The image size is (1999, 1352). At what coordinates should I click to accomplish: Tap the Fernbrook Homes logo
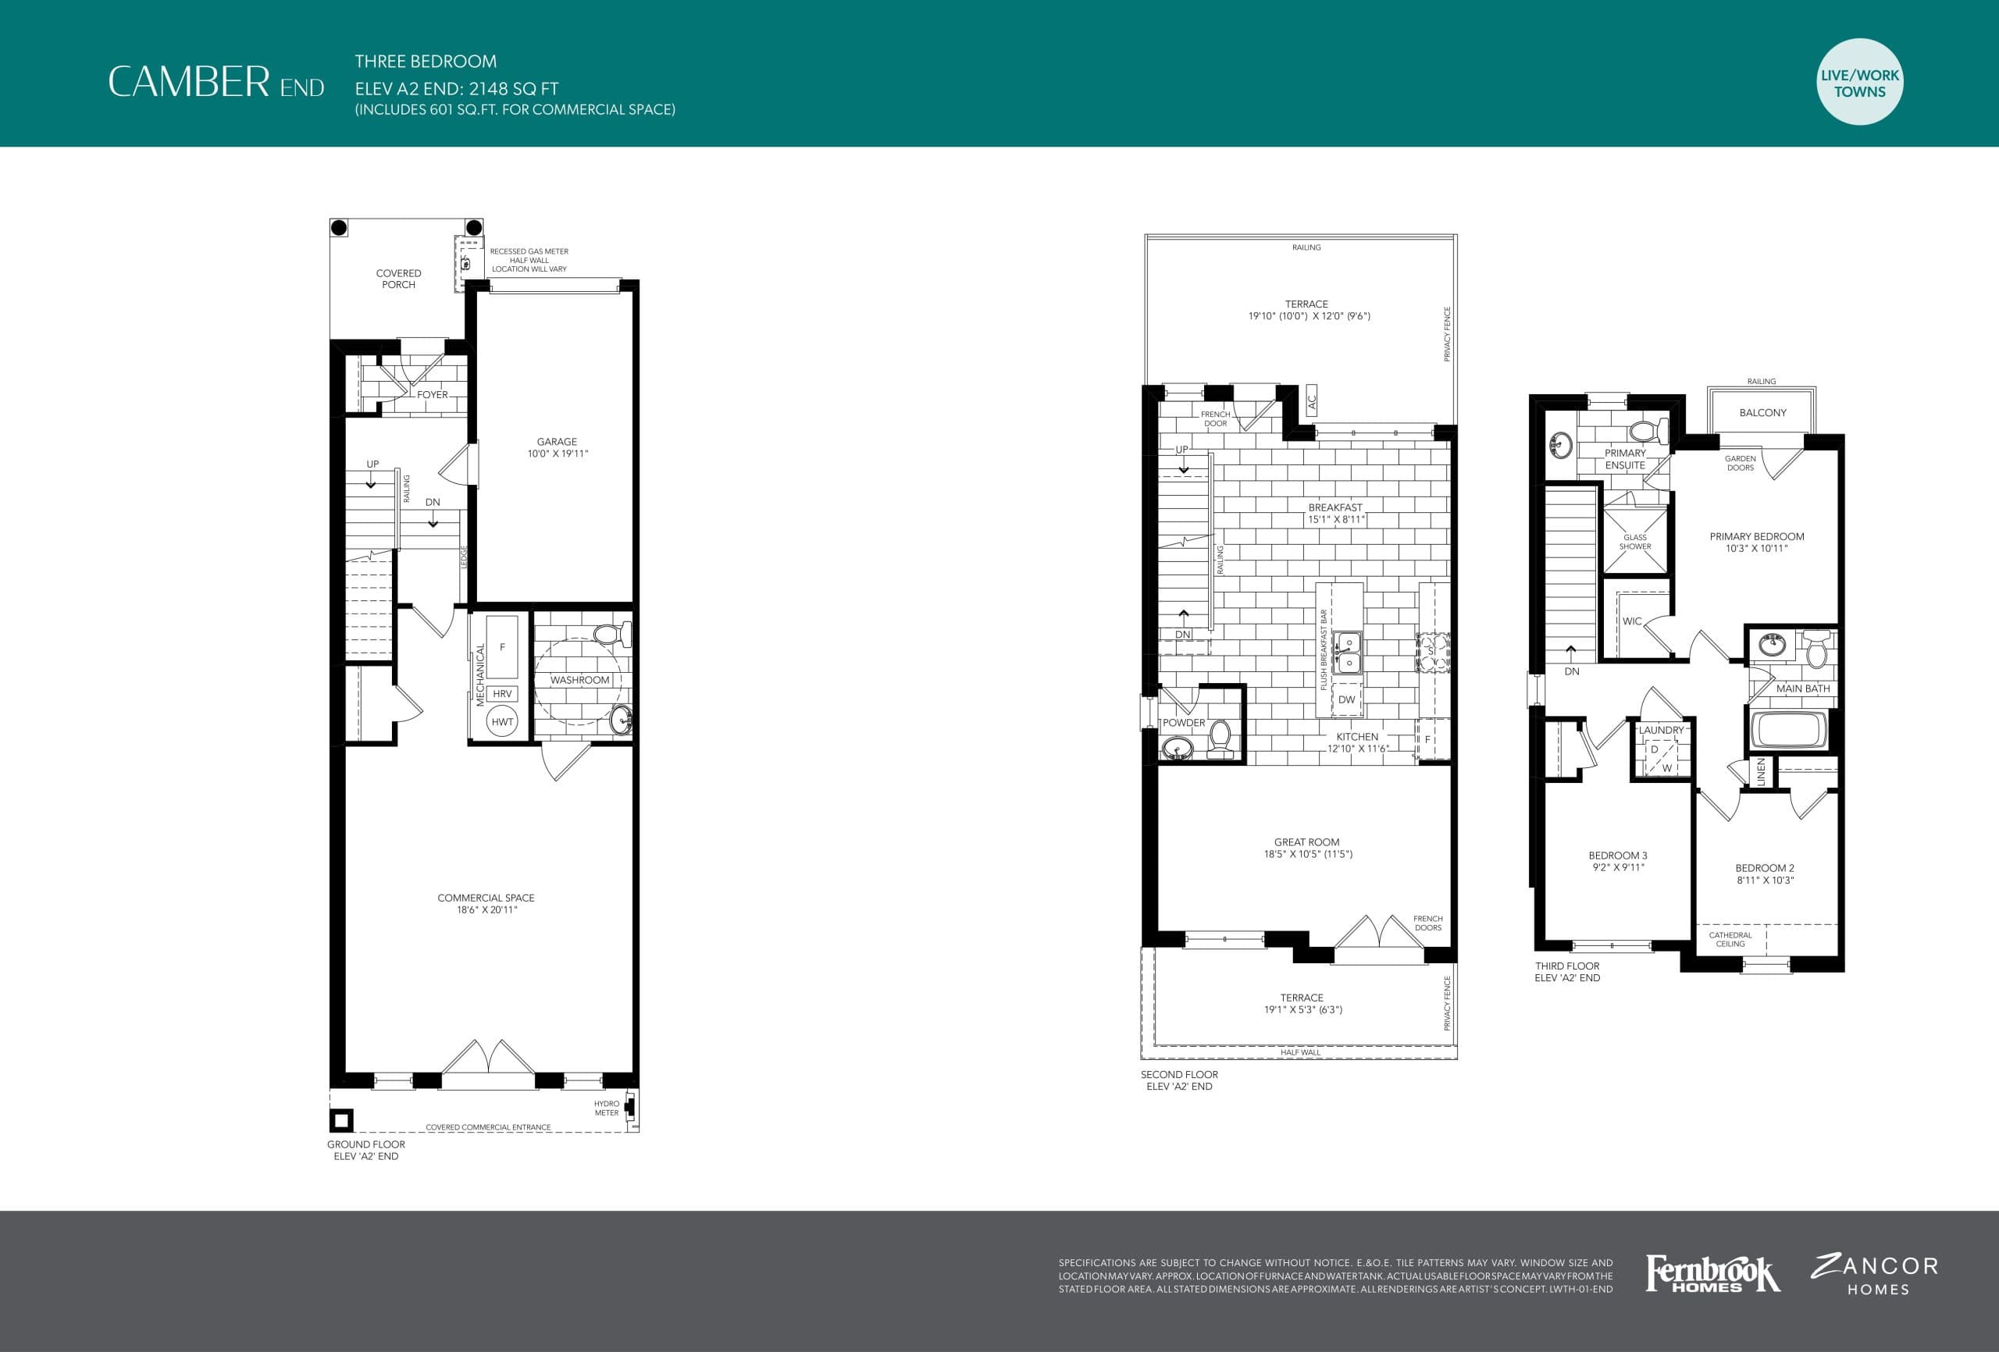(1712, 1274)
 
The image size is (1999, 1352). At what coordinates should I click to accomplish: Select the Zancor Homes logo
(1875, 1276)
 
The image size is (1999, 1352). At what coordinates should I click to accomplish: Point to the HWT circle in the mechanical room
(502, 721)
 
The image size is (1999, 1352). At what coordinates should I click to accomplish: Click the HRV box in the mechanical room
(502, 693)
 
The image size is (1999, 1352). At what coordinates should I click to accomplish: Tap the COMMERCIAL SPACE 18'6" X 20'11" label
(486, 903)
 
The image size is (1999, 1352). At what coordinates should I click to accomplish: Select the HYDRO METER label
(607, 1108)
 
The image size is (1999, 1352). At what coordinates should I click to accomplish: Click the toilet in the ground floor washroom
(611, 635)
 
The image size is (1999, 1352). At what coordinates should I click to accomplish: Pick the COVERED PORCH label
(398, 279)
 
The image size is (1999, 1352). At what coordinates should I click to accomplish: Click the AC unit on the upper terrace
(1311, 400)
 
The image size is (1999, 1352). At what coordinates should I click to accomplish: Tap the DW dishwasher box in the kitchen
(1346, 699)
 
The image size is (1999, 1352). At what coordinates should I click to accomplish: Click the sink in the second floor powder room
(1176, 750)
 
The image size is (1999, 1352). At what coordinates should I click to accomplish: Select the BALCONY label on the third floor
(1762, 413)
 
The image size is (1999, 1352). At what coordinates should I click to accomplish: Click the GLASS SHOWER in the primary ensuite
(1634, 542)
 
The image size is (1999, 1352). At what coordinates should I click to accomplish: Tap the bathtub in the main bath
(1789, 729)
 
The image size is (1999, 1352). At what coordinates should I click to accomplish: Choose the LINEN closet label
(1761, 771)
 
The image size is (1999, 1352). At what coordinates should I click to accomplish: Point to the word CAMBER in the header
(188, 82)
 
